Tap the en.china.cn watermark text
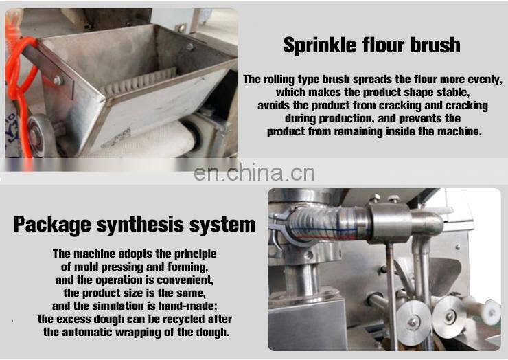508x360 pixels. click(x=254, y=172)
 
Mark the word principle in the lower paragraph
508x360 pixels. click(x=192, y=254)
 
